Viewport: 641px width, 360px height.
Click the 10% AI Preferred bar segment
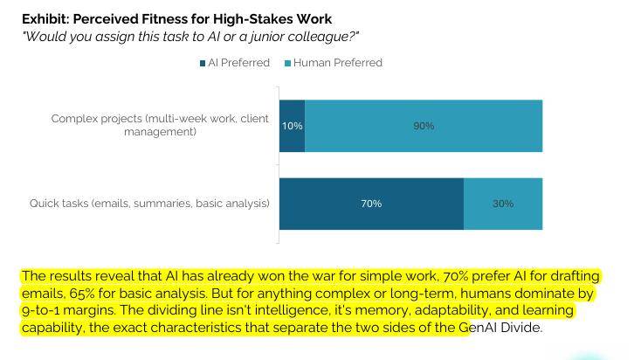[292, 126]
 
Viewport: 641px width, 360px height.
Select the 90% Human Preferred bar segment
[424, 126]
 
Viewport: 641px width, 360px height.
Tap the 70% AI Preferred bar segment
[371, 204]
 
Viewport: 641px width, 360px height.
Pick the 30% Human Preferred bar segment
[503, 204]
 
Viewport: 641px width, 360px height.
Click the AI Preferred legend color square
[203, 64]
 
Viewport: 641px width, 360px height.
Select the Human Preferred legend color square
[287, 64]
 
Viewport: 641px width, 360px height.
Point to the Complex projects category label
[160, 125]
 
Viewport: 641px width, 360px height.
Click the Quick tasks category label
[149, 204]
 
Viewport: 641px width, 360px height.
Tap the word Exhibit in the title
[45, 19]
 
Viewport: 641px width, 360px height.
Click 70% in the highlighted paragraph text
[455, 276]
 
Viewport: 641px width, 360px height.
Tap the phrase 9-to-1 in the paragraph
[41, 310]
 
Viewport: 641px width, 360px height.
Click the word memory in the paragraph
[384, 311]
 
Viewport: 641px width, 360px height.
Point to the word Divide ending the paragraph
[520, 328]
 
